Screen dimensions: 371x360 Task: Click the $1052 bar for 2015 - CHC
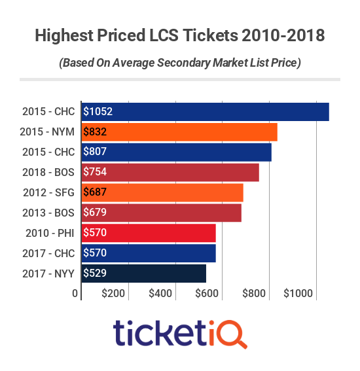(x=205, y=112)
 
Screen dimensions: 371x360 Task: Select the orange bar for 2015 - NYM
(x=179, y=132)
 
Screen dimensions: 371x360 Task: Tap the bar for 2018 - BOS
(x=170, y=173)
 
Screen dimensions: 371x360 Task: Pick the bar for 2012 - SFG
(x=162, y=193)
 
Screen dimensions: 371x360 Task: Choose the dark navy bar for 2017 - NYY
(x=143, y=274)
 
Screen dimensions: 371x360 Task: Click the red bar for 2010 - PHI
(x=149, y=233)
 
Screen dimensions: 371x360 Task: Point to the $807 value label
(x=95, y=152)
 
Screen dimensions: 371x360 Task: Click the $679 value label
(x=95, y=213)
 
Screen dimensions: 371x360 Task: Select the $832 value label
(x=95, y=132)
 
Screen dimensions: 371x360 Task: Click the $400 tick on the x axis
(x=161, y=294)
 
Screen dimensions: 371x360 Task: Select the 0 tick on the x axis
(x=75, y=294)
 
